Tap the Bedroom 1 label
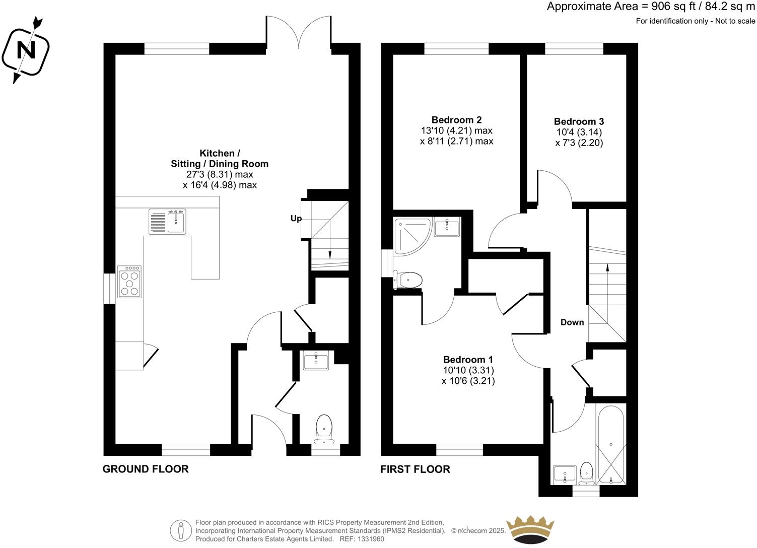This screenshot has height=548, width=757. [468, 360]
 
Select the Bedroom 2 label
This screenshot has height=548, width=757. [456, 120]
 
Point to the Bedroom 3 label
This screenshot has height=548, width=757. [579, 121]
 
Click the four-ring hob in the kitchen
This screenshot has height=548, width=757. [129, 282]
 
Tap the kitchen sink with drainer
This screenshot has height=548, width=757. [168, 222]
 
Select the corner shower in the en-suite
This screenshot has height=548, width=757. [412, 235]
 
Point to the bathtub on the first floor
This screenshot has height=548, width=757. [610, 444]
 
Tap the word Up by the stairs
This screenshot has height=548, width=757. [296, 219]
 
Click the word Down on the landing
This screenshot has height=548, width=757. [572, 322]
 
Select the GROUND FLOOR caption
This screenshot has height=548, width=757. [146, 469]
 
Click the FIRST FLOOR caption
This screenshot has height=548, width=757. [415, 469]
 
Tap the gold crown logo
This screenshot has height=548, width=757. [530, 529]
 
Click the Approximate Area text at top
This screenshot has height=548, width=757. [651, 7]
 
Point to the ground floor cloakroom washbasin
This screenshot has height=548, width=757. [316, 361]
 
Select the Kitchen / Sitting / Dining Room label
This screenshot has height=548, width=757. [220, 158]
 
